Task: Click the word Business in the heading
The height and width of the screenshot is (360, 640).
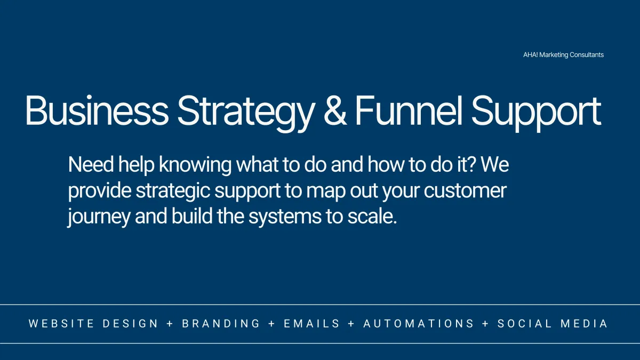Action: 97,110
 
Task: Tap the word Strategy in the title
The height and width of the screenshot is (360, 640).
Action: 246,114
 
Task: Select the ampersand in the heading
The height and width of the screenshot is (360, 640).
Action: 335,110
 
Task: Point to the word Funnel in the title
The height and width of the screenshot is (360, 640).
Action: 409,110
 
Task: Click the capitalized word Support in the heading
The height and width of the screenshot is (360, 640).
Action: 536,114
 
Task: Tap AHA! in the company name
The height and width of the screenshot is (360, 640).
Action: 530,54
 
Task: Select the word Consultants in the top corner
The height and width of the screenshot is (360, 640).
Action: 587,54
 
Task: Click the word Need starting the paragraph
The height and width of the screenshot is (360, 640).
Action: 91,165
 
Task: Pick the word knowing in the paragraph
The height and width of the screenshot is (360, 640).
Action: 195,166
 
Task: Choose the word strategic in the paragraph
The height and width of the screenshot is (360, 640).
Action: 173,191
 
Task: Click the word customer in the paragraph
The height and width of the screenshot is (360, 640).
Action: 465,191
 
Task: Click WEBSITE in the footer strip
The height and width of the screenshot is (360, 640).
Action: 61,324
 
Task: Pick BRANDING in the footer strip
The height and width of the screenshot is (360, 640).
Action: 221,324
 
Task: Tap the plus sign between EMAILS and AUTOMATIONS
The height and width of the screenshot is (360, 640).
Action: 351,324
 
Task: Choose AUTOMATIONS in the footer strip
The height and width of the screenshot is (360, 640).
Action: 419,324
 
